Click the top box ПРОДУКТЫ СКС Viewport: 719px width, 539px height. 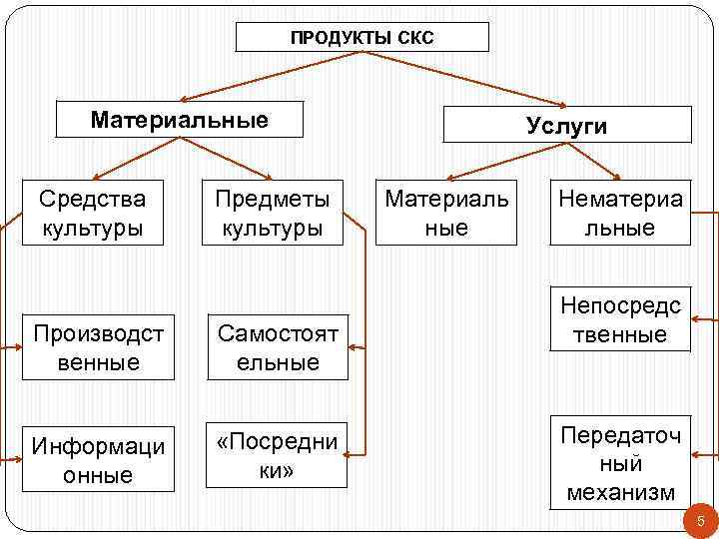click(x=361, y=38)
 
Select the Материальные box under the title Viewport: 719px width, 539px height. click(x=180, y=121)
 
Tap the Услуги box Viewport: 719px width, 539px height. click(x=566, y=125)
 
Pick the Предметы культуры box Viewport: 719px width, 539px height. click(x=272, y=213)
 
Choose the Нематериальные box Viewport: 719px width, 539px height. click(x=620, y=213)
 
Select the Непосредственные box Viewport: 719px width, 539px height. click(x=620, y=319)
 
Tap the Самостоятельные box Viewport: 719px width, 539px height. click(x=278, y=346)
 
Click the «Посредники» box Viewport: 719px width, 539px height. click(x=277, y=455)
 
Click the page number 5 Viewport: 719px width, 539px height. click(x=700, y=520)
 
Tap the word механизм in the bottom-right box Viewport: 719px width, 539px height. click(x=620, y=492)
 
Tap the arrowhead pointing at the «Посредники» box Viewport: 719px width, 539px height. click(x=355, y=455)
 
